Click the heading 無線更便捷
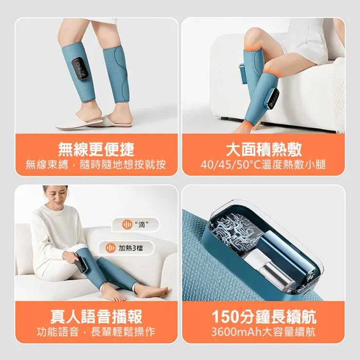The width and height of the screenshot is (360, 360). [x=96, y=149]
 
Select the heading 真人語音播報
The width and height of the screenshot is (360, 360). [x=96, y=316]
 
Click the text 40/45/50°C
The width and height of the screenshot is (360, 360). [x=229, y=165]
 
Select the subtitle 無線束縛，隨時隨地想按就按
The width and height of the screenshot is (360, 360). [x=96, y=165]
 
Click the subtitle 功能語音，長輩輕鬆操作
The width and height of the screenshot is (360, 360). [x=96, y=332]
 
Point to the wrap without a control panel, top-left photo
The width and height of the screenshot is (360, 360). [x=117, y=73]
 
